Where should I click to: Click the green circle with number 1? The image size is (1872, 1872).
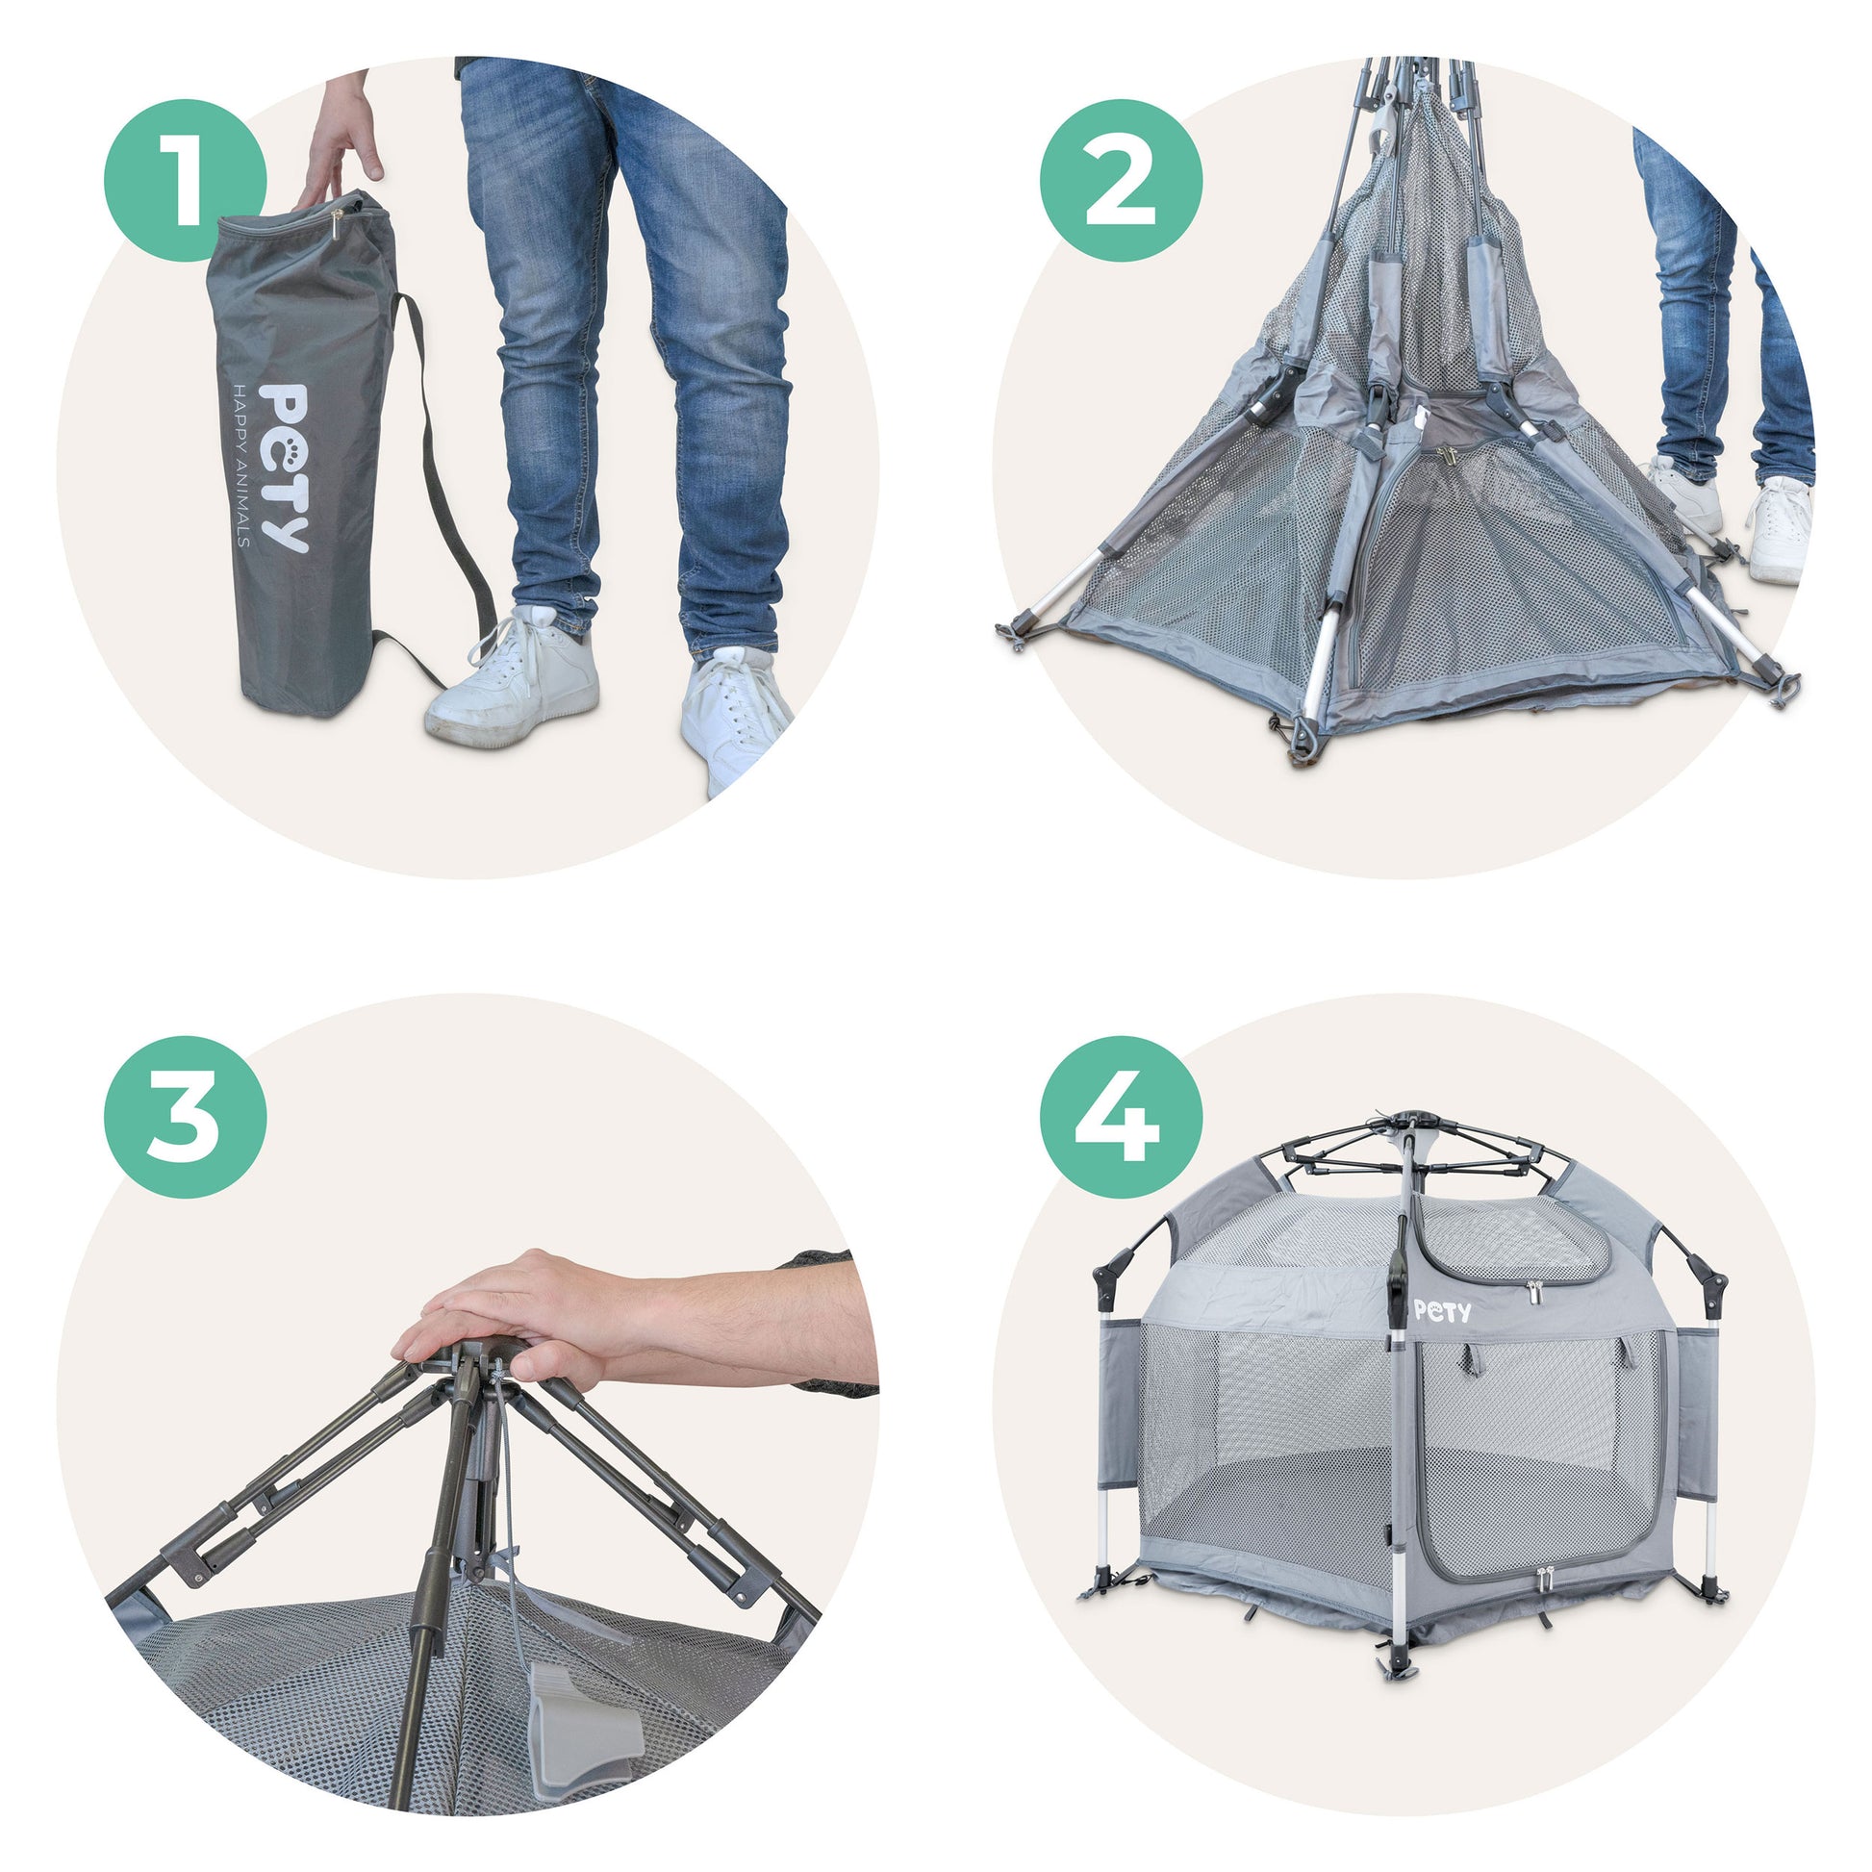[x=184, y=179]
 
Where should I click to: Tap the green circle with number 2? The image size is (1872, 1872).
[x=1121, y=179]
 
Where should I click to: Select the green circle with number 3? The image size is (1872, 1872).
[x=184, y=1116]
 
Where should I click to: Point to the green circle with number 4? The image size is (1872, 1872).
[x=1121, y=1116]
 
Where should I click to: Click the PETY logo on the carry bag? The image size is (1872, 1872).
[x=285, y=468]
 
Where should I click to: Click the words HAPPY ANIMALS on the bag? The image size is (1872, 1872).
[x=242, y=465]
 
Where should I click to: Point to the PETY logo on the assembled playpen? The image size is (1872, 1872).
[x=1442, y=1312]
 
